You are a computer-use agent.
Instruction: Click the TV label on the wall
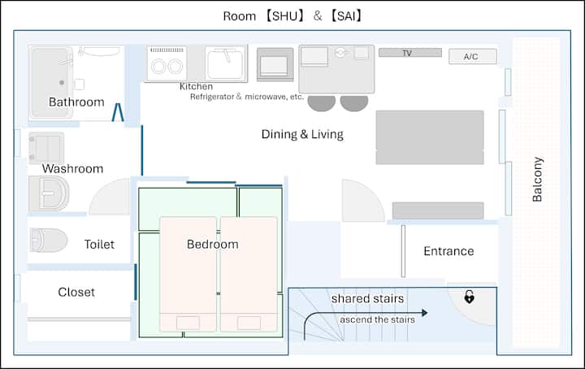click(x=407, y=53)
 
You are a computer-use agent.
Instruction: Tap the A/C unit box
click(x=473, y=56)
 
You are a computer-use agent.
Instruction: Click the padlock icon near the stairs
click(x=469, y=297)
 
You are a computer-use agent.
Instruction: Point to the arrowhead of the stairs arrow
click(x=425, y=313)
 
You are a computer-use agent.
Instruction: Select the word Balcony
click(x=537, y=180)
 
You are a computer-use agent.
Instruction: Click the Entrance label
click(x=448, y=251)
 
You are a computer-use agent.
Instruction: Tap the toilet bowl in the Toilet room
click(x=49, y=240)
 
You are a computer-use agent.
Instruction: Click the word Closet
click(x=76, y=292)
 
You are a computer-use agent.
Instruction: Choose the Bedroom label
click(x=212, y=244)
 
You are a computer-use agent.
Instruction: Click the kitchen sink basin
click(x=226, y=64)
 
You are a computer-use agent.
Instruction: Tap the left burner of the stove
click(x=158, y=67)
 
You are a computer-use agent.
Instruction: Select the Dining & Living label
click(x=302, y=134)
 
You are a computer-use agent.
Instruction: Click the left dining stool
click(x=321, y=103)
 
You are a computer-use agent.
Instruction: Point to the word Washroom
click(x=72, y=168)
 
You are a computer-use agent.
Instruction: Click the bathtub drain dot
click(x=62, y=82)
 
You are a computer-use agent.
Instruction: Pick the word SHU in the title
click(x=284, y=16)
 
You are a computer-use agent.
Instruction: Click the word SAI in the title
click(x=346, y=16)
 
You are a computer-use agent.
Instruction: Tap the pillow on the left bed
click(x=188, y=323)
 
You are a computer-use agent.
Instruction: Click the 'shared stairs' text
click(x=367, y=298)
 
